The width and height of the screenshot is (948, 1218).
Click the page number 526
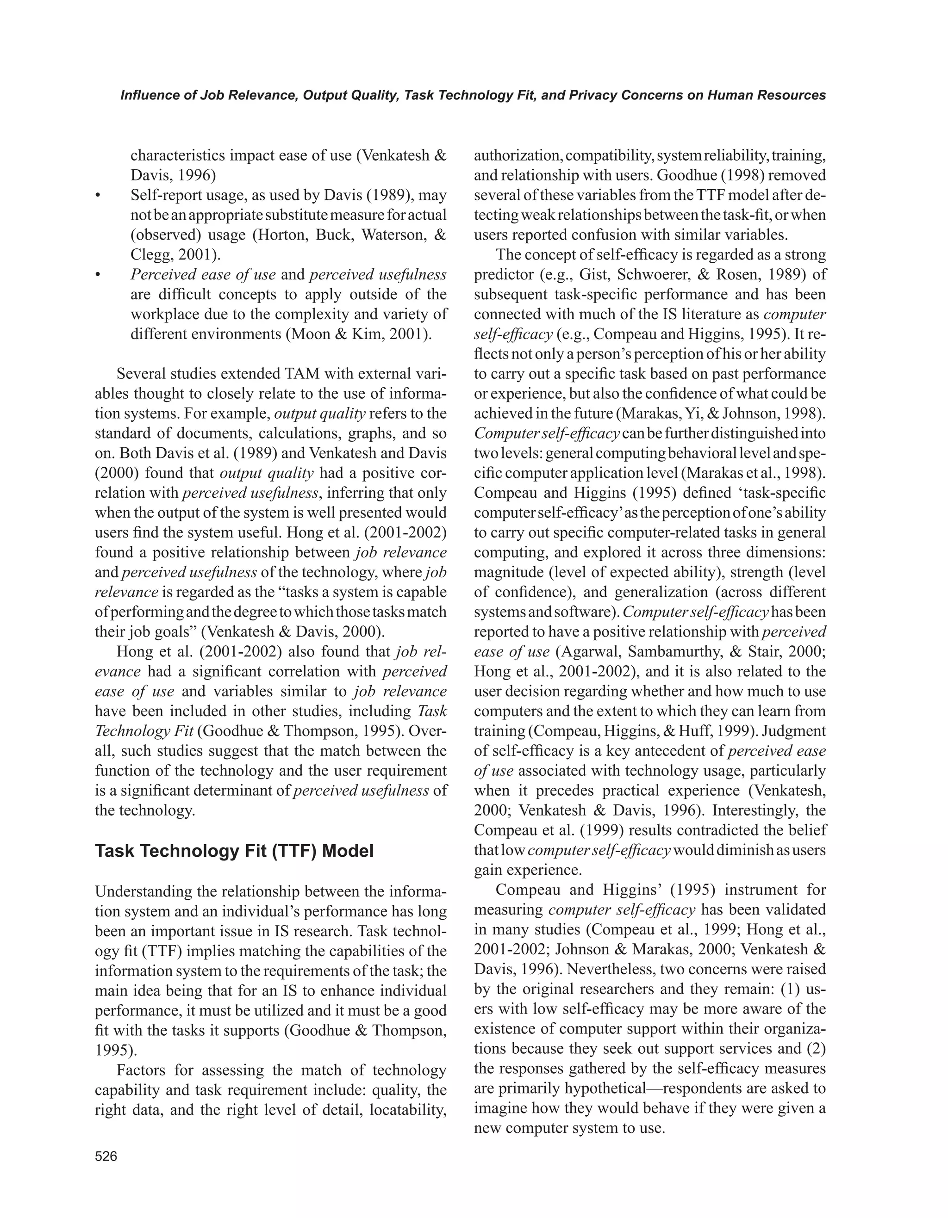pyautogui.click(x=106, y=1156)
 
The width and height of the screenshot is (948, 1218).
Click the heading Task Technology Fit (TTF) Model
pyautogui.click(x=234, y=851)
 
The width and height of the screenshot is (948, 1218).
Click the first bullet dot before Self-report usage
pyautogui.click(x=98, y=196)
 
